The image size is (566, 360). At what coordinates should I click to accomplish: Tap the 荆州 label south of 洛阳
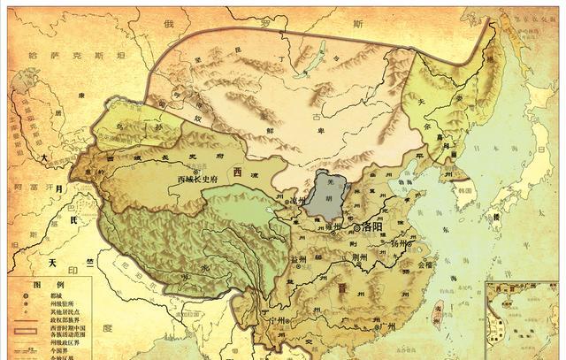click(359, 257)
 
